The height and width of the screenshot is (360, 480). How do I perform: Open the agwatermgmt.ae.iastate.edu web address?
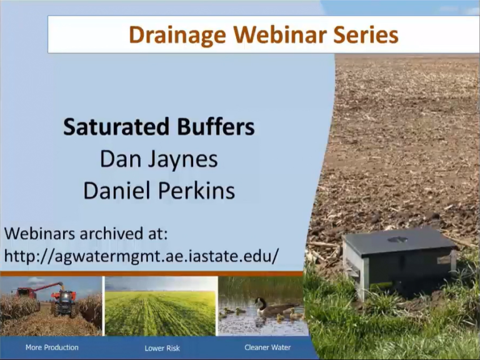pyautogui.click(x=141, y=256)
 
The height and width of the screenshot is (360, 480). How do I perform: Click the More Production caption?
pyautogui.click(x=52, y=347)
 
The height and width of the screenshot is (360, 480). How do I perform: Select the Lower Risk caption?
pyautogui.click(x=162, y=348)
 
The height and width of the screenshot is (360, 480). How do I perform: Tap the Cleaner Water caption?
pyautogui.click(x=267, y=347)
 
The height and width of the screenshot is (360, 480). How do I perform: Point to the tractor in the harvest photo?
pyautogui.click(x=64, y=302)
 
